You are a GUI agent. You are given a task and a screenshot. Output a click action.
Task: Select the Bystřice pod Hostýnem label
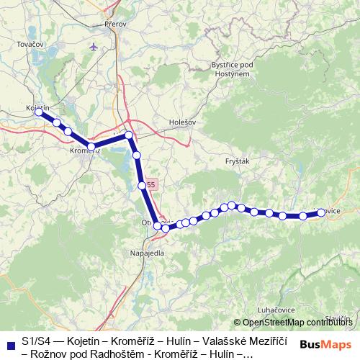(230, 69)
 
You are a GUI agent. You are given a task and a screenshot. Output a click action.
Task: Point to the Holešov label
(181, 122)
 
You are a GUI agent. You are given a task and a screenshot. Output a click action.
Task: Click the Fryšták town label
(237, 162)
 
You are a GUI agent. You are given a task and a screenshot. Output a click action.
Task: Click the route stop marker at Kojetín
(39, 112)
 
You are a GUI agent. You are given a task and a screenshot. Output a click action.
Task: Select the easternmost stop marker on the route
(321, 212)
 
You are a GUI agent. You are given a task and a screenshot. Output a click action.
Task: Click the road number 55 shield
(150, 185)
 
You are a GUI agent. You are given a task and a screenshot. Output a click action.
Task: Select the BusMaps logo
(326, 344)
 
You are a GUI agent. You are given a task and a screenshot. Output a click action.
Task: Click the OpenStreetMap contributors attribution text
(297, 322)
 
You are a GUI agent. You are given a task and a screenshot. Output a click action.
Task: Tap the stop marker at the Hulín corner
(129, 135)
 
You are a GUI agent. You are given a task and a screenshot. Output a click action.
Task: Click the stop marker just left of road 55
(142, 186)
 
